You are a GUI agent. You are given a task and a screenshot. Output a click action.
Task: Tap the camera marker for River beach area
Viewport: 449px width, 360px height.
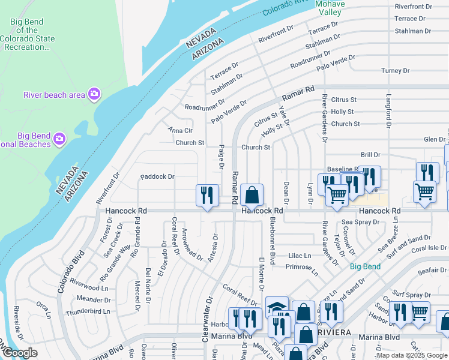94,94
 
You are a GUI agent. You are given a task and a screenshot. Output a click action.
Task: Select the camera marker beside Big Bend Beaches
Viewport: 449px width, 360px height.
59,139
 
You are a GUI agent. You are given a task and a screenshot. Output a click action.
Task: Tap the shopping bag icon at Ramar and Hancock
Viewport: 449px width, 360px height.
253,194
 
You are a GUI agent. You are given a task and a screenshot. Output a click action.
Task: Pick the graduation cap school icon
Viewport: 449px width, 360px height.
277,308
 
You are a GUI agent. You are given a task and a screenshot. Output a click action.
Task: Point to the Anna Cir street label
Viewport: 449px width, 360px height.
180,130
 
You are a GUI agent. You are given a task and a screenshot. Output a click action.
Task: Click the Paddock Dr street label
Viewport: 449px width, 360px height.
157,176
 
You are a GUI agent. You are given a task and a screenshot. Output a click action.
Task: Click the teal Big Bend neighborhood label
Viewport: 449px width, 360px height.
365,266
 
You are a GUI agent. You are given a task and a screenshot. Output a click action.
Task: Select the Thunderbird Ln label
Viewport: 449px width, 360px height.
88,311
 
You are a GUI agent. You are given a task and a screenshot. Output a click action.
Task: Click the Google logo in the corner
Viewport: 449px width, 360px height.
19,353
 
